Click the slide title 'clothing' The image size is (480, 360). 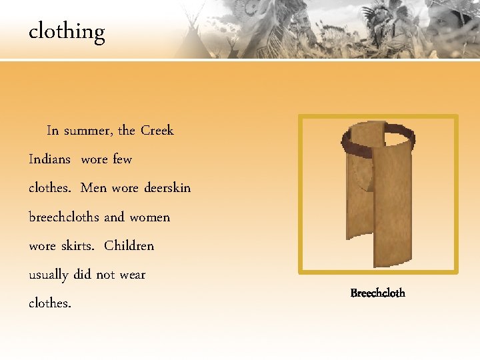[x=67, y=32]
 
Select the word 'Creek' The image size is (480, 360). [x=157, y=131]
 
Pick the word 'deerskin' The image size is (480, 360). [x=166, y=188]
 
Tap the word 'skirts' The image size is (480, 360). [x=78, y=245]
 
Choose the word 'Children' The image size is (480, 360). [x=129, y=245]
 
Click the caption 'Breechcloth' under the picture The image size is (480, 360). [x=377, y=293]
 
